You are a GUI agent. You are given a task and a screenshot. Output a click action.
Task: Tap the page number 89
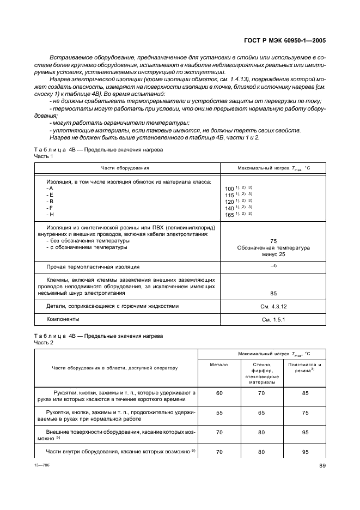(x=322, y=465)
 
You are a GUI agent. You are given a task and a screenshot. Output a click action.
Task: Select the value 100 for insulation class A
(x=229, y=189)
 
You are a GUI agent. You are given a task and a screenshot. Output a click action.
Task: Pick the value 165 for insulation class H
(x=229, y=215)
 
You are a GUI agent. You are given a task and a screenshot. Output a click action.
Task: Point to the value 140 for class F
(x=229, y=208)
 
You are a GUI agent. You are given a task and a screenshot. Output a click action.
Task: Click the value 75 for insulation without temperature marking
(x=273, y=241)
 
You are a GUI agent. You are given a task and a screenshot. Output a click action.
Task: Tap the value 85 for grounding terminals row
(x=273, y=293)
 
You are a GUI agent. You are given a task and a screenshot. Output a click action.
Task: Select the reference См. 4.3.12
(x=273, y=306)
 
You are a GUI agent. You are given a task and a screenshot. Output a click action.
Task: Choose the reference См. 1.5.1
(x=273, y=319)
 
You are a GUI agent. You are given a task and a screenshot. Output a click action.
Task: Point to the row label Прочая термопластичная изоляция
(x=93, y=267)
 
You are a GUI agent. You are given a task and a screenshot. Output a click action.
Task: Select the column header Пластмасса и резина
(x=304, y=367)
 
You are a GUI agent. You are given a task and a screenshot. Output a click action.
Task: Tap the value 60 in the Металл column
(x=219, y=393)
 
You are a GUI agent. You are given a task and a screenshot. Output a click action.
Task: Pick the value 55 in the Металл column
(x=219, y=413)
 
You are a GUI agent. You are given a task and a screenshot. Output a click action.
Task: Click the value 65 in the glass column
(x=262, y=413)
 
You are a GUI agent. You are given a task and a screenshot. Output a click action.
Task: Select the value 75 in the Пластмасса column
(x=305, y=413)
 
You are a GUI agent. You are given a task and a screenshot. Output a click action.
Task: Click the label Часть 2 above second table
(x=44, y=342)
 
